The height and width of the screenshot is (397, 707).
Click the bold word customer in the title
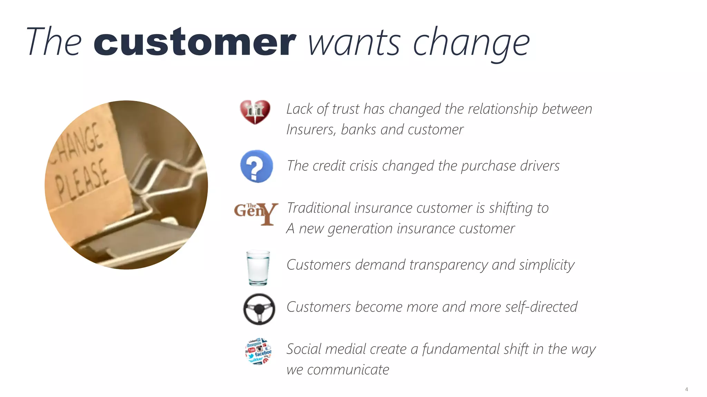click(195, 43)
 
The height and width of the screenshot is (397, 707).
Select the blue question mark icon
click(256, 166)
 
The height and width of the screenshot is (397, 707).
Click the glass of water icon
click(258, 268)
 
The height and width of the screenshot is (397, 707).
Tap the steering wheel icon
click(259, 309)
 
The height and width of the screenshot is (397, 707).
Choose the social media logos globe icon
click(258, 351)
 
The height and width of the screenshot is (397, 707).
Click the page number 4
click(686, 389)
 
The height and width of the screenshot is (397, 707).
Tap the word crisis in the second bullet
click(364, 166)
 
